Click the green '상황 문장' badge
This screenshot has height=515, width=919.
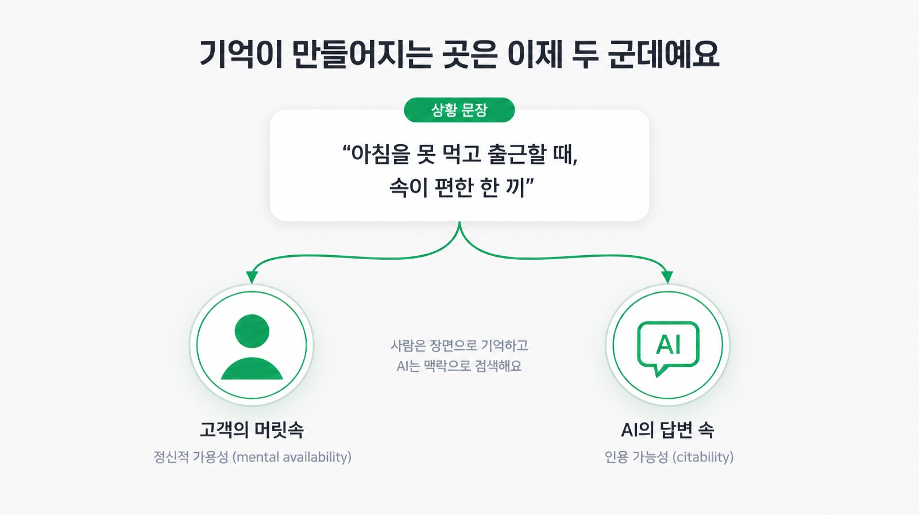click(459, 110)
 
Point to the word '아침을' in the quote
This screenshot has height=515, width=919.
click(380, 155)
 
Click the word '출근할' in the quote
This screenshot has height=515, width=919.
click(518, 155)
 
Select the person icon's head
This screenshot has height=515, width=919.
click(252, 331)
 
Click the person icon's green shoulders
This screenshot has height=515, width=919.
click(252, 369)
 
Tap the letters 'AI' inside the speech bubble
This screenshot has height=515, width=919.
click(668, 344)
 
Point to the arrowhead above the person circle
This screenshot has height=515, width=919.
click(252, 277)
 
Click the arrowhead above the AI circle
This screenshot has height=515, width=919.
click(667, 277)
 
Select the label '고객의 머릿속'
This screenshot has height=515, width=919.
click(252, 430)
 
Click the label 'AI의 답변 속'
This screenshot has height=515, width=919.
click(667, 430)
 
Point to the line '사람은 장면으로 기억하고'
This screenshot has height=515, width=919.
click(459, 346)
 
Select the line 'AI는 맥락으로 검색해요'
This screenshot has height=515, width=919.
click(459, 366)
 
